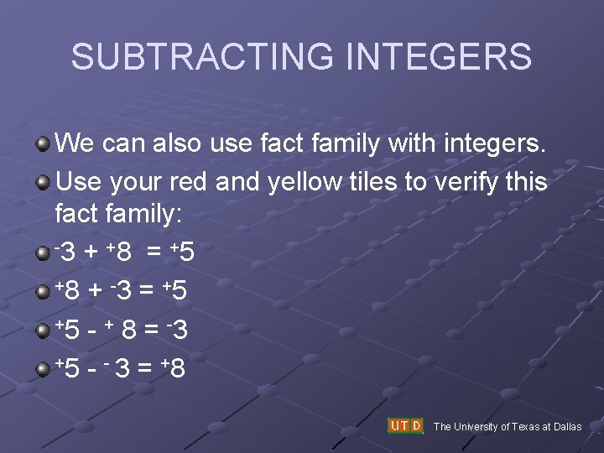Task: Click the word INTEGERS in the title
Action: pyautogui.click(x=439, y=57)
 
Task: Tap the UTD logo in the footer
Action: pyautogui.click(x=405, y=425)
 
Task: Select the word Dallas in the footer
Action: pyautogui.click(x=566, y=427)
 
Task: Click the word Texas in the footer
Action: pyautogui.click(x=523, y=427)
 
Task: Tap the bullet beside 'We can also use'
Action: pyautogui.click(x=42, y=143)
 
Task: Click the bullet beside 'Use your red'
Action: pyautogui.click(x=42, y=181)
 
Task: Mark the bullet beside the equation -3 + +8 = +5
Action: pyautogui.click(x=42, y=253)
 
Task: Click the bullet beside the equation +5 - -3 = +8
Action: pyautogui.click(x=42, y=369)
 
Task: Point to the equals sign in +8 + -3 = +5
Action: pyautogui.click(x=146, y=292)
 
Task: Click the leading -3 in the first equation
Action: pyautogui.click(x=67, y=253)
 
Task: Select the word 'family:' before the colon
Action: pyautogui.click(x=142, y=215)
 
